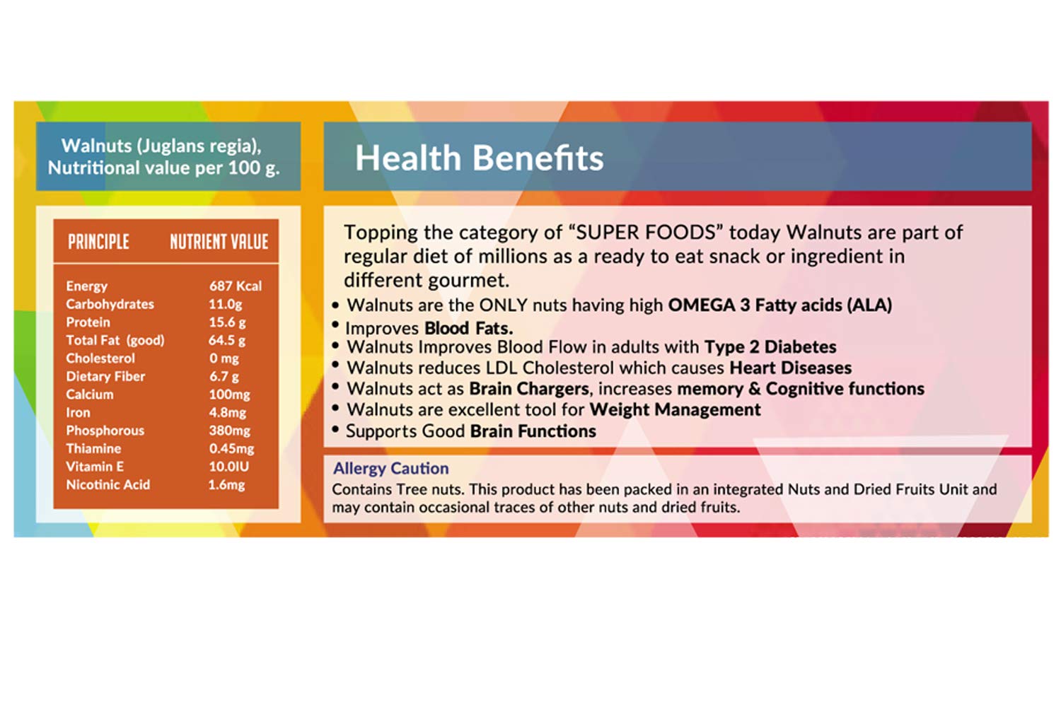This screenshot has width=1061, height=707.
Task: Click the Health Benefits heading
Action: pos(480,158)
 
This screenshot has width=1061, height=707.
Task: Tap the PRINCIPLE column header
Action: pos(98,242)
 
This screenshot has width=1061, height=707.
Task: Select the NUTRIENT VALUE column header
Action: pos(219,242)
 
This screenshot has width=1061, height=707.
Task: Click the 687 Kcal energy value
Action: pos(236,286)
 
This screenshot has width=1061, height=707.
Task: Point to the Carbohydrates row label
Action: pos(110,304)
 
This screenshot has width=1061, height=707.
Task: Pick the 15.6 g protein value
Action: pos(227,322)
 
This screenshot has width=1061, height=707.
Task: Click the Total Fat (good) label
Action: pos(115,341)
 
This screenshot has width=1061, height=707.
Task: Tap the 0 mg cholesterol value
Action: pos(224,358)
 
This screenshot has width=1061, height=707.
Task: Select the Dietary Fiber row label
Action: pos(105,376)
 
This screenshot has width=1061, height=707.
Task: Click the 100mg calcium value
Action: pos(230,395)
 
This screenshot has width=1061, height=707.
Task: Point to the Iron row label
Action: pos(78,412)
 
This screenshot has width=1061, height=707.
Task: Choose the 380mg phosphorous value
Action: pos(230,431)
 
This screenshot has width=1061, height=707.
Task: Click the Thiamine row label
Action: pos(94,448)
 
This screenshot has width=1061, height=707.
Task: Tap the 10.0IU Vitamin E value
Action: pos(228,467)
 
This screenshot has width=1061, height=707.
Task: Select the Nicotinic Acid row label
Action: pos(108,484)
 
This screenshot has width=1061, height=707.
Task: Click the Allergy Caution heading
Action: pos(391,468)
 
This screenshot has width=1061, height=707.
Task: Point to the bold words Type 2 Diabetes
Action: pos(770,347)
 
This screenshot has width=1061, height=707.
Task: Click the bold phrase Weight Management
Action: pos(675,409)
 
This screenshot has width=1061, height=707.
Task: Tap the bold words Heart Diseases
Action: pos(791,368)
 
